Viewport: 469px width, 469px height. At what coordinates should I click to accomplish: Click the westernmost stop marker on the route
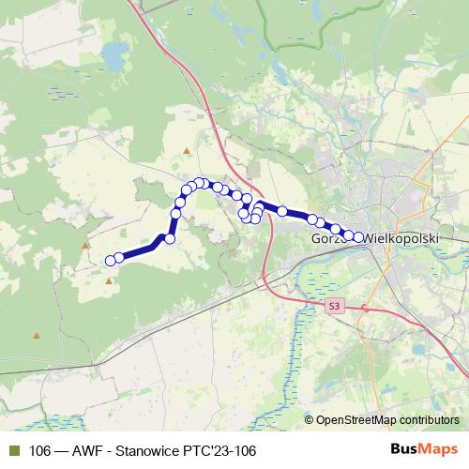tap(111, 260)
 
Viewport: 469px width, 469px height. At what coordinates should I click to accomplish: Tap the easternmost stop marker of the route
tap(357, 236)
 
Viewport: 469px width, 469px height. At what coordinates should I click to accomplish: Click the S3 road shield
tap(336, 306)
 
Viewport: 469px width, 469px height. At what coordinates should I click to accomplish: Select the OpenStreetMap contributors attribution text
tap(387, 419)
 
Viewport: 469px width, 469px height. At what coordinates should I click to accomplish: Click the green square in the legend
tap(14, 450)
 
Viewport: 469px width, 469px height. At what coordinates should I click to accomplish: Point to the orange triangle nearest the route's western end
tap(110, 280)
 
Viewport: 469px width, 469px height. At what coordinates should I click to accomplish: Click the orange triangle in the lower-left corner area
tap(38, 335)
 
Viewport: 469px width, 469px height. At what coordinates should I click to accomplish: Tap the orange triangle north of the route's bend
tap(189, 150)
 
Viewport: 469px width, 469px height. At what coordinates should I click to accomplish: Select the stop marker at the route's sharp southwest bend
tap(170, 239)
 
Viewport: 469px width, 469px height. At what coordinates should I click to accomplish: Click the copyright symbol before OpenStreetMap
tap(310, 419)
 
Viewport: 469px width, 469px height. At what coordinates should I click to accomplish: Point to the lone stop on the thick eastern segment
tap(282, 212)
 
